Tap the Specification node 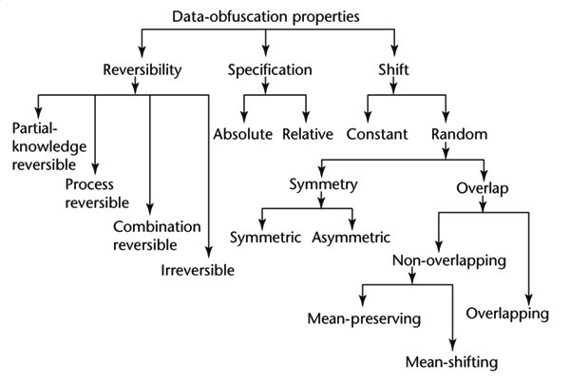tap(271, 69)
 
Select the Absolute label tap(244, 133)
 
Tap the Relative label tap(307, 133)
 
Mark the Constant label tap(377, 133)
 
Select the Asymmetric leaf tap(351, 236)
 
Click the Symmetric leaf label tap(268, 236)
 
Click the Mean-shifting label tap(451, 362)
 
